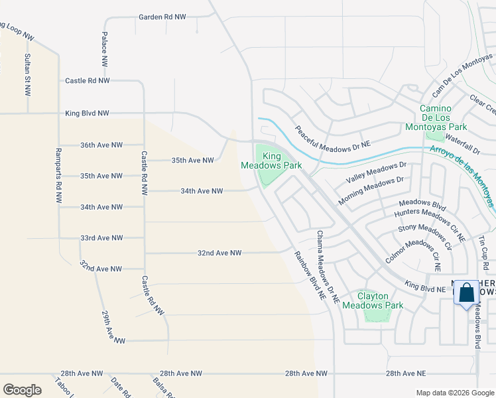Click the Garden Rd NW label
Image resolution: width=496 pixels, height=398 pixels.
pos(162,17)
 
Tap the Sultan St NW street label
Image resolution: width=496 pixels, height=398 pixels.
pos(27,75)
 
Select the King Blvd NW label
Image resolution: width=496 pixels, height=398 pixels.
pos(87,113)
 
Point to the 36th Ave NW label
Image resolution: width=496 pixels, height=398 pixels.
pos(101,145)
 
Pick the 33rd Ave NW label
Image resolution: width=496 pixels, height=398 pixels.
pos(101,237)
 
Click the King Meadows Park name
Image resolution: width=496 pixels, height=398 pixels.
pos(271,161)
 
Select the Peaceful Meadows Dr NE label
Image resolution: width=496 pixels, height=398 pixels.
pos(332,138)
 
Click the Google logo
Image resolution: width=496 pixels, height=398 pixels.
pos(23,390)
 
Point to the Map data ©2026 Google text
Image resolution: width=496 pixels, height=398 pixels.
pos(455,393)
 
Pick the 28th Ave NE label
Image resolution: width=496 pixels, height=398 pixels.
pos(411,374)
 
